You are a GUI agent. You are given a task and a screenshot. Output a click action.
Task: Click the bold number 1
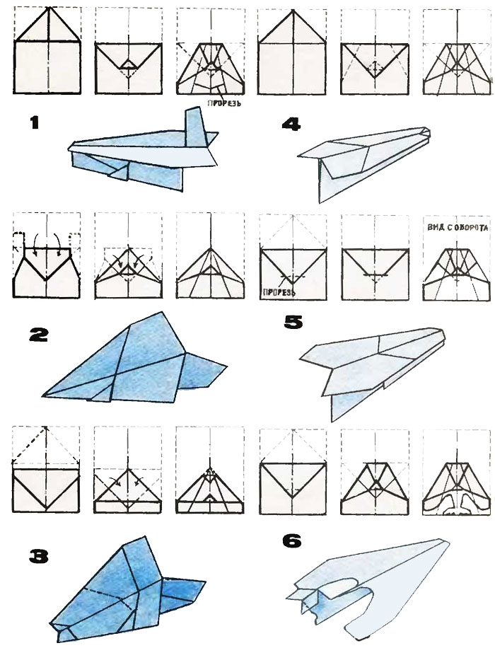pyautogui.click(x=34, y=123)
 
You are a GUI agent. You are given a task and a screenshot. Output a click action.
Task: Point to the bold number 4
pyautogui.click(x=292, y=125)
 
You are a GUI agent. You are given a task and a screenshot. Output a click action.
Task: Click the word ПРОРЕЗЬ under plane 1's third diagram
pyautogui.click(x=225, y=103)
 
